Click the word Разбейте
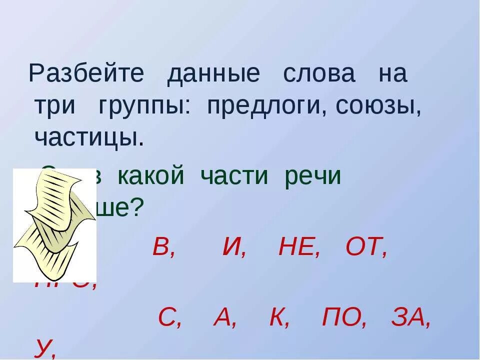(x=86, y=74)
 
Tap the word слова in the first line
(x=319, y=74)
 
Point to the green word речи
(x=312, y=177)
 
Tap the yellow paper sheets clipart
(x=54, y=224)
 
